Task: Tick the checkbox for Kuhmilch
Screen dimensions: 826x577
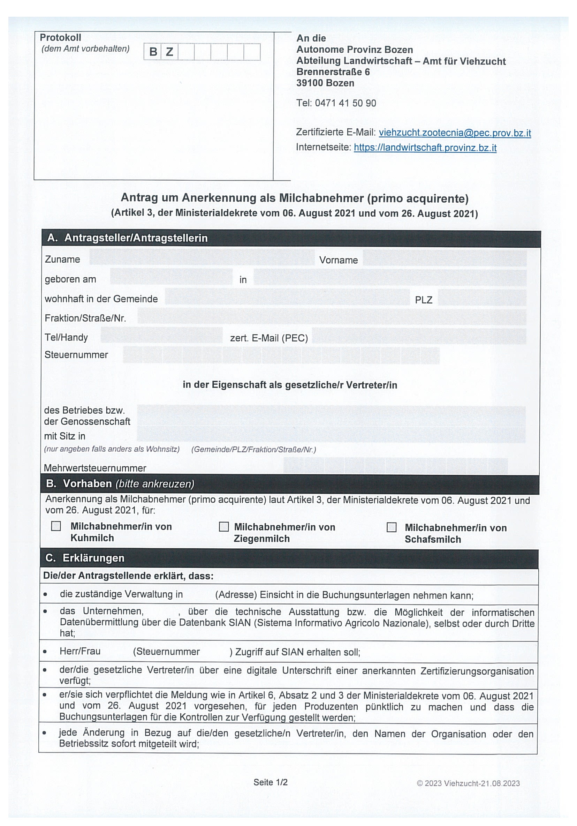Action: click(x=56, y=526)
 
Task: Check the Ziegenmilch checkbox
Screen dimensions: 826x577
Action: click(x=223, y=527)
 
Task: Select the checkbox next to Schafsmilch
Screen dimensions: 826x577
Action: click(x=391, y=527)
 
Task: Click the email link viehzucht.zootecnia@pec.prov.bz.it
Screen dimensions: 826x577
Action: click(x=454, y=133)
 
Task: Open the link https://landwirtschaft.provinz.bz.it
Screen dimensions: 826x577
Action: click(x=425, y=148)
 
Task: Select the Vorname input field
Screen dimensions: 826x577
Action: click(x=445, y=259)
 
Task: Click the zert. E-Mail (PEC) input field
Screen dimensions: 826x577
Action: click(x=419, y=336)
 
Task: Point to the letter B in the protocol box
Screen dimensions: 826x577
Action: click(x=153, y=52)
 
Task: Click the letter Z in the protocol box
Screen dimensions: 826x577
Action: click(x=169, y=52)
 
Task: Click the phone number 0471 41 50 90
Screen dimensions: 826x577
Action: click(x=345, y=103)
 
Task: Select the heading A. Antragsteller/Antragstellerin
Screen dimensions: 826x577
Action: click(x=128, y=238)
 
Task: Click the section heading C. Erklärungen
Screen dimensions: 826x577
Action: click(x=85, y=558)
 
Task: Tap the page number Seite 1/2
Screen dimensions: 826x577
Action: click(x=270, y=782)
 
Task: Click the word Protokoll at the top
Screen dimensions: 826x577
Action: click(x=60, y=37)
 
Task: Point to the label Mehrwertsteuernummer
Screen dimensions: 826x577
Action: click(x=95, y=468)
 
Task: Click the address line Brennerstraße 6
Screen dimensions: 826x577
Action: click(x=333, y=72)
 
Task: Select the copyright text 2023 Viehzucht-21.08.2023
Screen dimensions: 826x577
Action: click(x=468, y=783)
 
